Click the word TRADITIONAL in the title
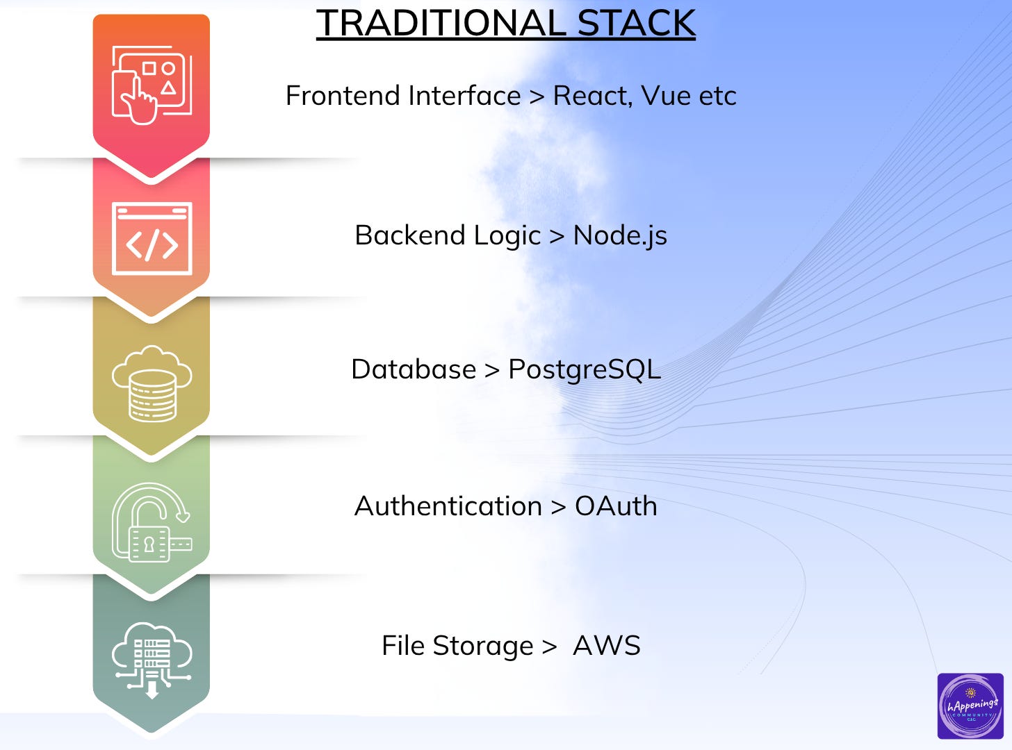pyautogui.click(x=443, y=24)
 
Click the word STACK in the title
pyautogui.click(x=636, y=24)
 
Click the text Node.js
pyautogui.click(x=620, y=235)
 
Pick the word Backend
pyautogui.click(x=410, y=235)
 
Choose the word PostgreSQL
pyautogui.click(x=585, y=369)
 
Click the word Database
pyautogui.click(x=414, y=369)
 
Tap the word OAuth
pyautogui.click(x=616, y=506)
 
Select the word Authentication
pyautogui.click(x=448, y=506)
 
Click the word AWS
pyautogui.click(x=607, y=646)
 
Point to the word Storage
pyautogui.click(x=483, y=646)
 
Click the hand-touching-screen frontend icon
pyautogui.click(x=152, y=85)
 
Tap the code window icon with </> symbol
pyautogui.click(x=152, y=239)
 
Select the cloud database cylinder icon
pyautogui.click(x=152, y=383)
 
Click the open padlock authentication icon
pyautogui.click(x=152, y=522)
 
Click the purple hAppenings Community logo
pyautogui.click(x=970, y=706)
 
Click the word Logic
pyautogui.click(x=507, y=235)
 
